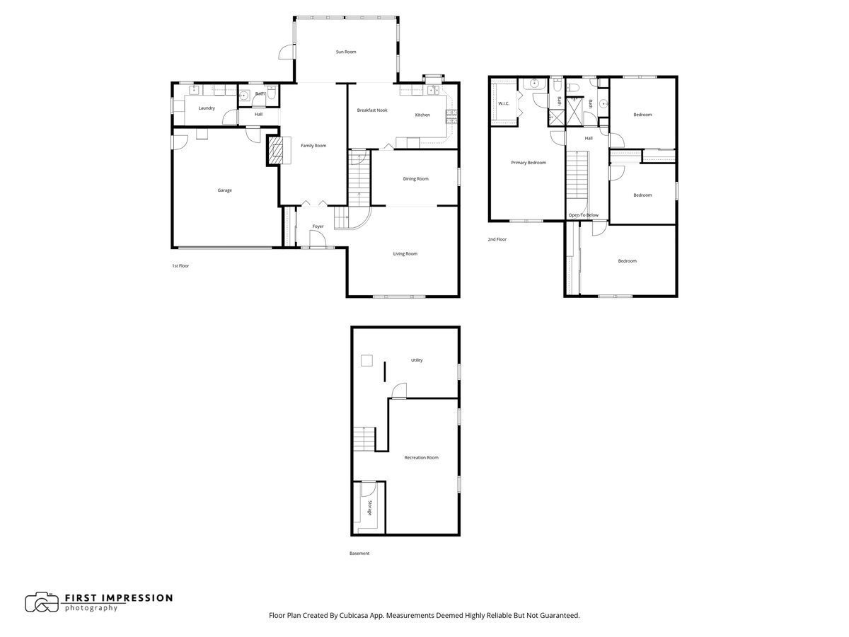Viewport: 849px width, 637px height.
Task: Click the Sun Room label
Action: click(x=345, y=52)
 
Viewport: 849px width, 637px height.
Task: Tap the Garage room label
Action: click(x=224, y=190)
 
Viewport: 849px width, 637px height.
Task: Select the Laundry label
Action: click(x=207, y=108)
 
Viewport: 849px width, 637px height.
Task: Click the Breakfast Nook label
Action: click(x=371, y=110)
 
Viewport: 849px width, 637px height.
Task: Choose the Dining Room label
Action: click(x=415, y=178)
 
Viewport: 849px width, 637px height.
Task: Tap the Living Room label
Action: click(x=405, y=253)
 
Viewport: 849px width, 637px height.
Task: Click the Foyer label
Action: click(x=318, y=226)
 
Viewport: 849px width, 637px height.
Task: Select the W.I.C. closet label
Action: click(x=504, y=103)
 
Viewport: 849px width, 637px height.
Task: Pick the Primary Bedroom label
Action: click(x=529, y=163)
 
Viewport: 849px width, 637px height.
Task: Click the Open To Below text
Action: click(x=583, y=215)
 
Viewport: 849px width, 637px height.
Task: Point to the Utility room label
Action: click(x=417, y=360)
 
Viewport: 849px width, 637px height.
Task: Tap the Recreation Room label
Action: click(x=421, y=457)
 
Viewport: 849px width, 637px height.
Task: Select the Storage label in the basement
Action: click(x=369, y=507)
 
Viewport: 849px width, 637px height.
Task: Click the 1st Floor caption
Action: click(x=180, y=265)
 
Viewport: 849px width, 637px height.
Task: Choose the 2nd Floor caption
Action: click(x=497, y=239)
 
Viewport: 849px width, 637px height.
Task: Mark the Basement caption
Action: click(x=359, y=553)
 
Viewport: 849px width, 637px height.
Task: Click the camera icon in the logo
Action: click(x=42, y=602)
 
